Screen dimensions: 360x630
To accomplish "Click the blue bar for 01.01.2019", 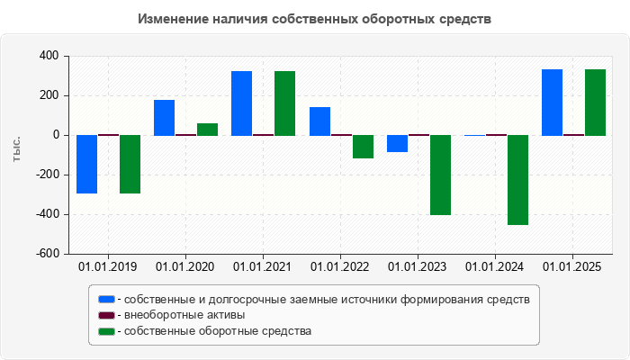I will pos(86,164).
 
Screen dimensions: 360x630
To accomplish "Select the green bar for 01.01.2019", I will pos(130,164).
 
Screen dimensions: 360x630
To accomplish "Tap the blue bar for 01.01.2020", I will pos(164,117).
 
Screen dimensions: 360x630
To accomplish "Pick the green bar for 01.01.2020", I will pos(207,129).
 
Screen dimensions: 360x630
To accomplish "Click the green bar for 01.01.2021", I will pos(284,103).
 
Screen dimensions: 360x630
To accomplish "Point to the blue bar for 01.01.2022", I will pos(319,121).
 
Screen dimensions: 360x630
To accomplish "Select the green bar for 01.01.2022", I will pos(363,147).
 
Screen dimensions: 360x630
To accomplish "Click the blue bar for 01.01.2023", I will pos(397,143).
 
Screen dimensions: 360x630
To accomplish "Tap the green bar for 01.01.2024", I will pos(517,180).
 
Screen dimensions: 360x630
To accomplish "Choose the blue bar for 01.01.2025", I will pos(552,102).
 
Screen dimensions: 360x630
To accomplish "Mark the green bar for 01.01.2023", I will pos(440,175).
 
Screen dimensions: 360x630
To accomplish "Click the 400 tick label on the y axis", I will pos(48,56).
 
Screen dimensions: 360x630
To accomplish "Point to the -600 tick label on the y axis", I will pos(45,254).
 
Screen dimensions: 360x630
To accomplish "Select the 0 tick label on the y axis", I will pos(55,135).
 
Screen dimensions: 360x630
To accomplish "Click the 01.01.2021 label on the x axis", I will pos(263,266).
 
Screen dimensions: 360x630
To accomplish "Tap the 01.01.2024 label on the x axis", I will pos(496,266).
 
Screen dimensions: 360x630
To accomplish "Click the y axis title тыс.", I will pos(16,149).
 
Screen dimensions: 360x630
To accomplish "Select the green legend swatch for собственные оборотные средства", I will pos(106,331).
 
